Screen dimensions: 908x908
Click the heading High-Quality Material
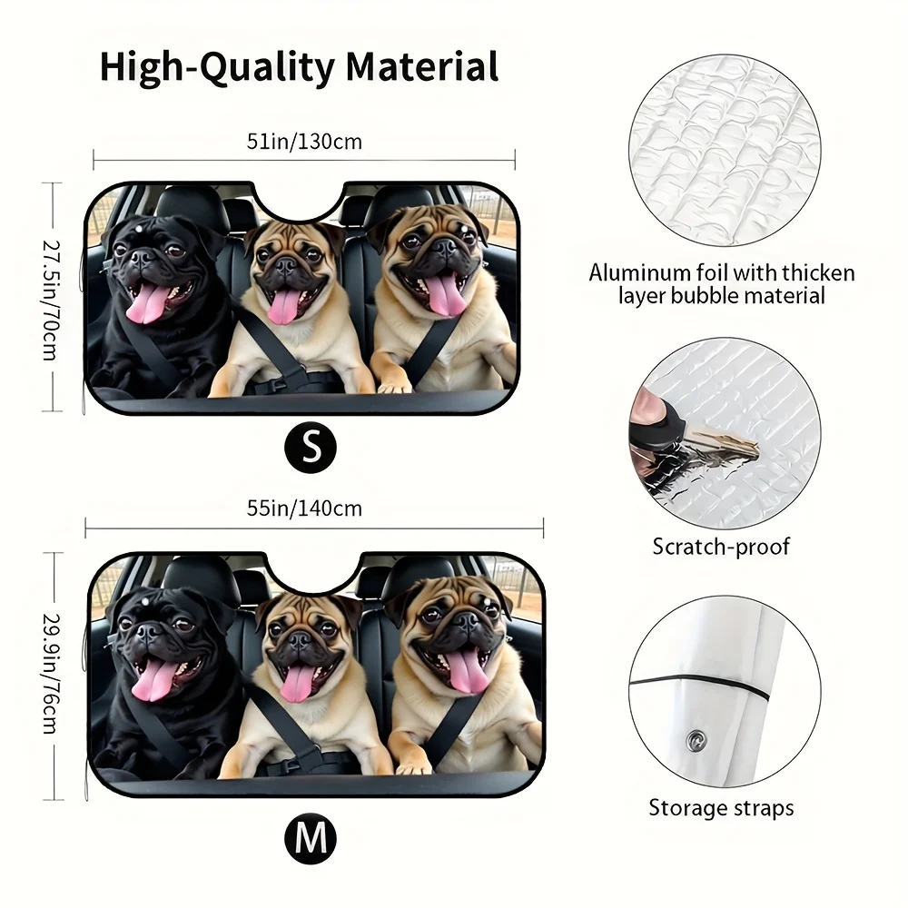299,67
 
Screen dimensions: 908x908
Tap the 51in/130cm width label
304,142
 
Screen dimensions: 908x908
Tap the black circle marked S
311,447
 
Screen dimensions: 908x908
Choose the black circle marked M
311,837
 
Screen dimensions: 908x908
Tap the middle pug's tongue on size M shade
296,683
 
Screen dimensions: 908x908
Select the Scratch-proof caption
721,547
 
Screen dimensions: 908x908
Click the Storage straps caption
721,807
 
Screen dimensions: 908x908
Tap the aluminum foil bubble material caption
721,283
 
